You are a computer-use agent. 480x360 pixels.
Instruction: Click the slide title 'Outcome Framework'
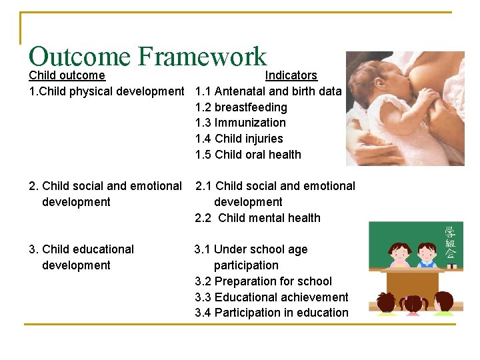tap(147, 56)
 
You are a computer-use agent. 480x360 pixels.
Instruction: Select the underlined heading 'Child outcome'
tap(67, 75)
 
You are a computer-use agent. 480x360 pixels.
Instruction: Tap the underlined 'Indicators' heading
tap(291, 75)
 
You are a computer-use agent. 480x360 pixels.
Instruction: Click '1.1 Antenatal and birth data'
tap(268, 91)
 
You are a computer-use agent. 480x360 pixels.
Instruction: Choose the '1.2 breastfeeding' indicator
tap(241, 107)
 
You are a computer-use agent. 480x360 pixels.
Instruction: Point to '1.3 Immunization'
tap(240, 123)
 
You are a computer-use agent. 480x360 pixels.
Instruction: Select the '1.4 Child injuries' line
tap(239, 139)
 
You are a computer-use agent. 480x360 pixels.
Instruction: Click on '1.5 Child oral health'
tap(248, 155)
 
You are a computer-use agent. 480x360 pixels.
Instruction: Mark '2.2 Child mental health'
tap(257, 218)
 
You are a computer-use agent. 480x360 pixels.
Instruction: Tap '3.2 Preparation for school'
tap(263, 281)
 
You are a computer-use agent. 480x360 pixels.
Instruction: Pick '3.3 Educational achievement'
tap(271, 297)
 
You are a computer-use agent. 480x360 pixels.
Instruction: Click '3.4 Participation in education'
tap(271, 313)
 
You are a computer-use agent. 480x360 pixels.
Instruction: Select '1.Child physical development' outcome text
tap(106, 91)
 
